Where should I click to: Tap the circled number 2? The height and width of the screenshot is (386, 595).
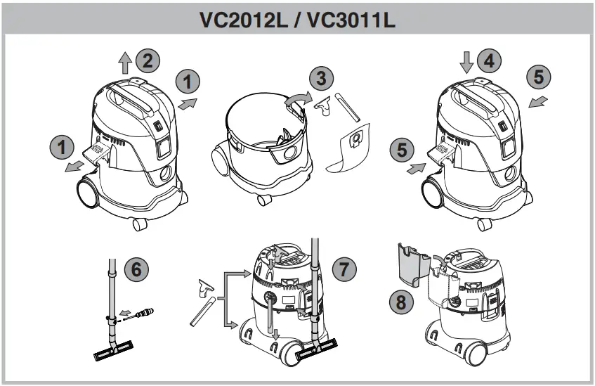tap(148, 60)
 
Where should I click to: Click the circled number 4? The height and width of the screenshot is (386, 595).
tap(489, 60)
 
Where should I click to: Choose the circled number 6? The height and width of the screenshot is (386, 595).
tap(137, 270)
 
